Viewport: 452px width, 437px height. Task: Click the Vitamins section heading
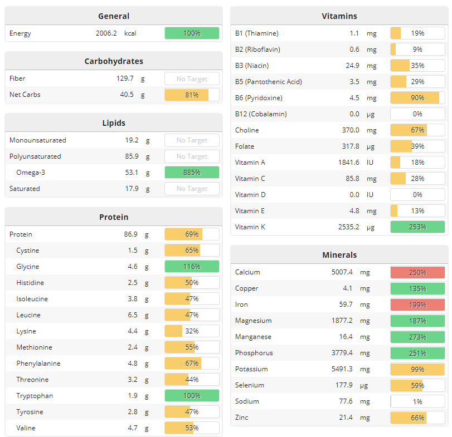(339, 16)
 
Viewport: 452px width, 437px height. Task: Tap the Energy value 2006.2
(106, 33)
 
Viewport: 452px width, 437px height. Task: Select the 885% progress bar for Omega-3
(192, 173)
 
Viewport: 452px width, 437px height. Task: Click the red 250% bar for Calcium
(417, 273)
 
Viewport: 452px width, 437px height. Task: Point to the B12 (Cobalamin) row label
(261, 114)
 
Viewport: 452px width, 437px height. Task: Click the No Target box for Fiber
(192, 79)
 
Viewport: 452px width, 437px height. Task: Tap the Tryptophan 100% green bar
(192, 396)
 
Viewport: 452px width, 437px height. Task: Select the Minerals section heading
(339, 255)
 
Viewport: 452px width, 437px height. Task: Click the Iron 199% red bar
(417, 305)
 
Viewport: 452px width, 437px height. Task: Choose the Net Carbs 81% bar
(192, 95)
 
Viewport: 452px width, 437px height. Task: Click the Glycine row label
(28, 267)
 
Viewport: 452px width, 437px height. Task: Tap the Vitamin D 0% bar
(417, 195)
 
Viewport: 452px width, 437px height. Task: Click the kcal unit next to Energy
(130, 33)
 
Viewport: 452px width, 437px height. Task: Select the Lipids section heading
(114, 123)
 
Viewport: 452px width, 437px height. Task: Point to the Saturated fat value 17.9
(132, 189)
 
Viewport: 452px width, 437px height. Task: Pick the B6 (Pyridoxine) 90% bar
(417, 98)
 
